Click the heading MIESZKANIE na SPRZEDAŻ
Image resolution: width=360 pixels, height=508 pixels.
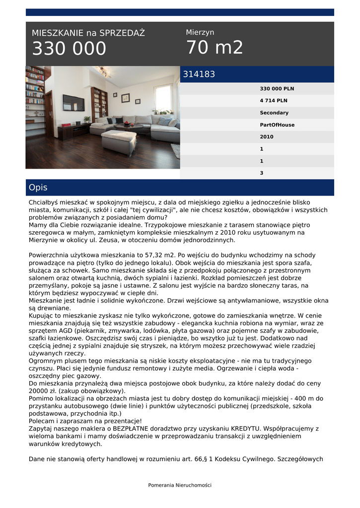coord(88,33)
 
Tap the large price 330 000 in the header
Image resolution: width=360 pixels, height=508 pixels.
coord(69,49)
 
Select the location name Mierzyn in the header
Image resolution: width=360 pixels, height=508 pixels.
coord(200,32)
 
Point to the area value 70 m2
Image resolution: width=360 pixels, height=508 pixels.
coord(215,48)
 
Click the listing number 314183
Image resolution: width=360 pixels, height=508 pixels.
coord(199,74)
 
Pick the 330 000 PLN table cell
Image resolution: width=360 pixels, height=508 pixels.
coord(277,89)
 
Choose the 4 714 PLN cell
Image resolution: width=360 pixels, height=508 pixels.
coord(274,101)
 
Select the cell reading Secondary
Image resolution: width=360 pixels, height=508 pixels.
coord(274,113)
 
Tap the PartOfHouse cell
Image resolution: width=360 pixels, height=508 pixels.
coord(277,125)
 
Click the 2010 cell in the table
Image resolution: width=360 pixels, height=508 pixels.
coord(267,137)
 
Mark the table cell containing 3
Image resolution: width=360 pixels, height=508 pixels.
coord(262,173)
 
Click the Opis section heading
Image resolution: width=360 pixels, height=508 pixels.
coord(38,188)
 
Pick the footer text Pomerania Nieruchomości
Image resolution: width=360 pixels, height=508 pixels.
coord(180,485)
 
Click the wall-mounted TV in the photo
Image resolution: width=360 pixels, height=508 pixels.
coord(73,103)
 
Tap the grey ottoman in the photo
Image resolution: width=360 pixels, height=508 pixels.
coord(119,141)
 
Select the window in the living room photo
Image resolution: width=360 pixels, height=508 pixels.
coord(163,98)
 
